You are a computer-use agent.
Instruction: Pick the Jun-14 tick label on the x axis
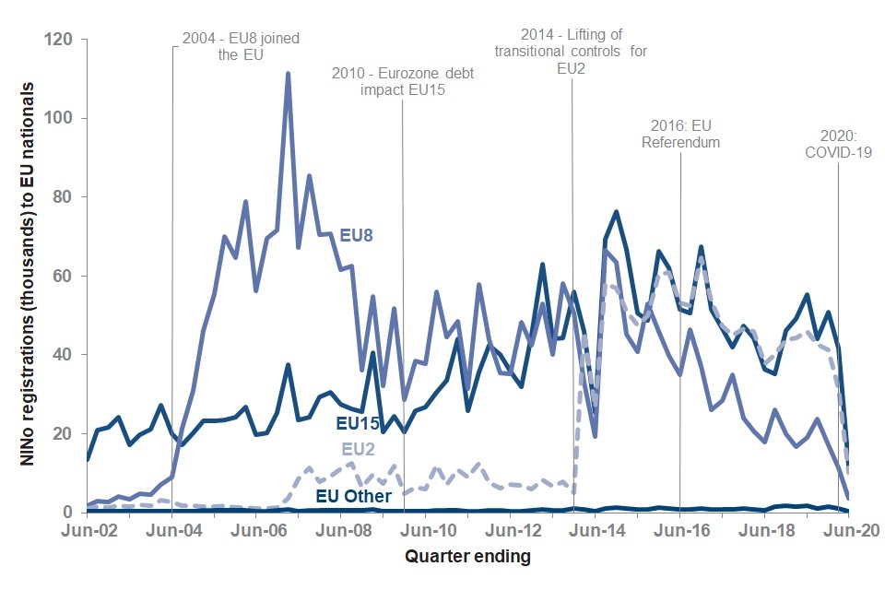(596, 532)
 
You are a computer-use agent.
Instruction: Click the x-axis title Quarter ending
(469, 557)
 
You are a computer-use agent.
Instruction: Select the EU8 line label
(358, 235)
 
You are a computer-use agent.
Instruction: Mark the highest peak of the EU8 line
(288, 74)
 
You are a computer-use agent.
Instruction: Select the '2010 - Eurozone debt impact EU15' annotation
(403, 81)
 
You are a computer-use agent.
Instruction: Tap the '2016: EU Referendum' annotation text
(680, 135)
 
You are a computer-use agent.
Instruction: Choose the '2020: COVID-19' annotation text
(838, 144)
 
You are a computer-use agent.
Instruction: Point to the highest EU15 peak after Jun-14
(616, 212)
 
